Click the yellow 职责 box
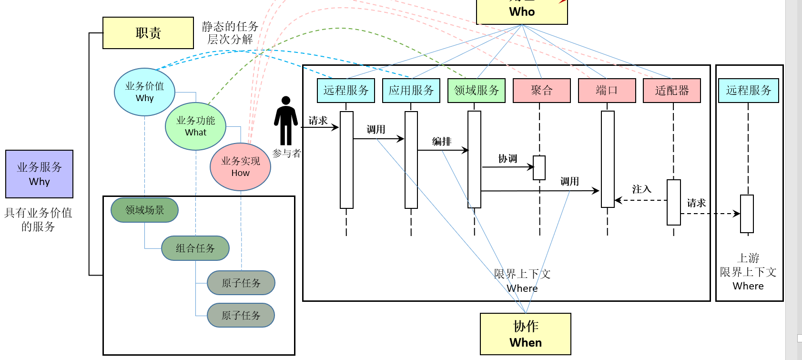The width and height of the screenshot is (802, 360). pos(148,33)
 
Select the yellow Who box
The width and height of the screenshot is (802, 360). pos(522,11)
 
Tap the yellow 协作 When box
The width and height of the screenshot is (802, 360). pos(525,334)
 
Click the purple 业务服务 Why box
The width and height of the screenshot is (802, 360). pos(39,174)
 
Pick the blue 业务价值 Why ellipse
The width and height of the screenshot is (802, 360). pos(144,92)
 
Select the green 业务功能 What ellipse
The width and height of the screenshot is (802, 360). pos(195,126)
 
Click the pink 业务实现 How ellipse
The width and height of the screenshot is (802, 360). pos(240,166)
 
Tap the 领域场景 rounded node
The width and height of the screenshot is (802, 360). pos(144,210)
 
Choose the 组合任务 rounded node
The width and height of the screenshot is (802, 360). pos(195,248)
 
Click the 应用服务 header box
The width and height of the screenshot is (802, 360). pos(411,91)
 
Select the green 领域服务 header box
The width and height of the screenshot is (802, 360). pos(476,91)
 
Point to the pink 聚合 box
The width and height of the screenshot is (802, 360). pos(541,91)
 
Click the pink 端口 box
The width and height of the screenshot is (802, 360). pos(607,91)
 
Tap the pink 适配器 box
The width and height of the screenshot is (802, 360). pos(671,91)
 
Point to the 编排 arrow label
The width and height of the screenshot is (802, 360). pos(442,142)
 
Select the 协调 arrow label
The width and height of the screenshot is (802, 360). pos(508,159)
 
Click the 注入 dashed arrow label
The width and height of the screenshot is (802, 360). pos(641,189)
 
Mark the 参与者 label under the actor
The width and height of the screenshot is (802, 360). pos(287,153)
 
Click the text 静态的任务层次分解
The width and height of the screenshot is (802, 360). pos(230,32)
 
